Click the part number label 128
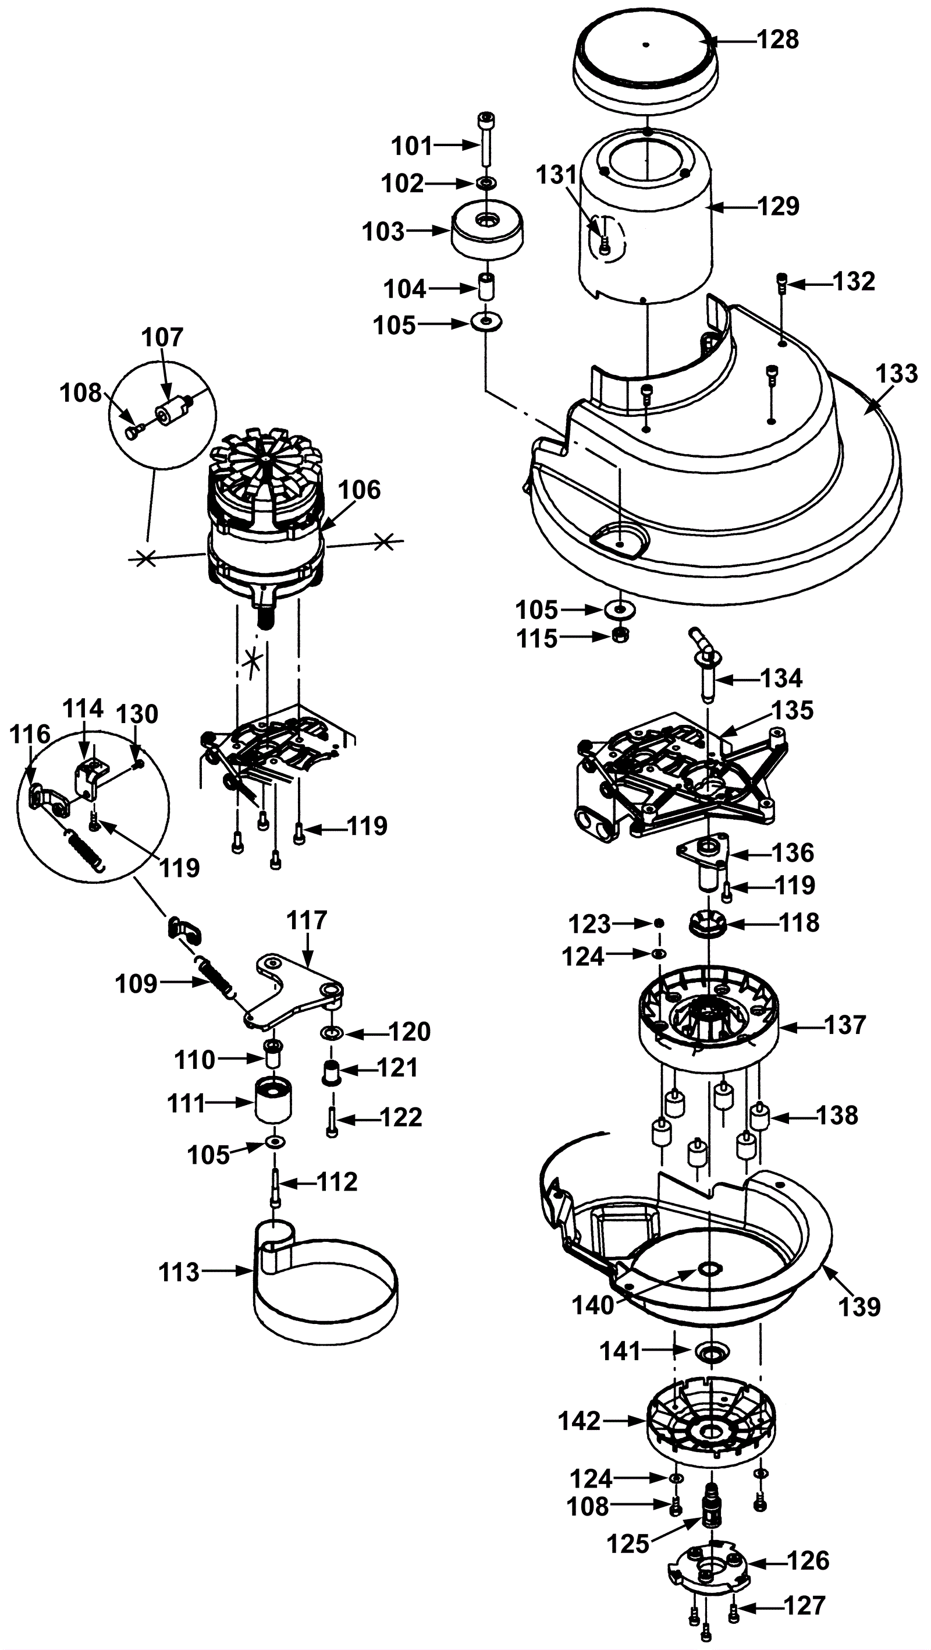778,40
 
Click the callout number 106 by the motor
359,490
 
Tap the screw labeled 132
782,282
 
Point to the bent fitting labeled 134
704,664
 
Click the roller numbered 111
274,1100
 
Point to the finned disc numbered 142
710,1419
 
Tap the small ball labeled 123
658,923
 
